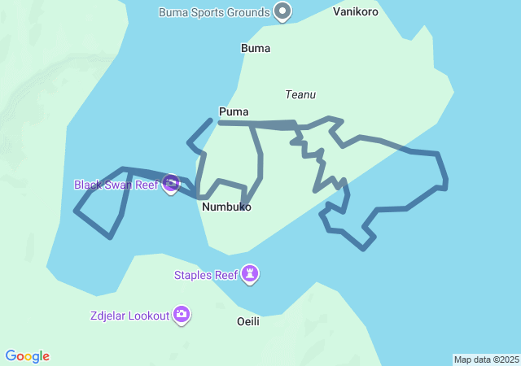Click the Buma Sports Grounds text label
tap(214, 12)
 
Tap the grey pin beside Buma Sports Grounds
tap(282, 11)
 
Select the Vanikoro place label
tap(356, 12)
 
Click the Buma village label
tap(256, 48)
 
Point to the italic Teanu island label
tap(300, 94)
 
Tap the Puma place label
tap(234, 111)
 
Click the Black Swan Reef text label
tap(116, 185)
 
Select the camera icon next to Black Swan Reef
tap(171, 184)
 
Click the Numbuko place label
tap(226, 207)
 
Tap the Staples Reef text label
tap(206, 275)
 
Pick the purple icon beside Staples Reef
tap(252, 275)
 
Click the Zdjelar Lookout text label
tap(130, 315)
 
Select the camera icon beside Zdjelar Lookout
tap(182, 314)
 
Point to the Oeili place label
tap(248, 321)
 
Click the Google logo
tap(28, 356)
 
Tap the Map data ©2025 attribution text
tap(486, 359)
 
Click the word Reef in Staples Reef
tap(226, 275)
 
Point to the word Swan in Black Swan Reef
tap(118, 185)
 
